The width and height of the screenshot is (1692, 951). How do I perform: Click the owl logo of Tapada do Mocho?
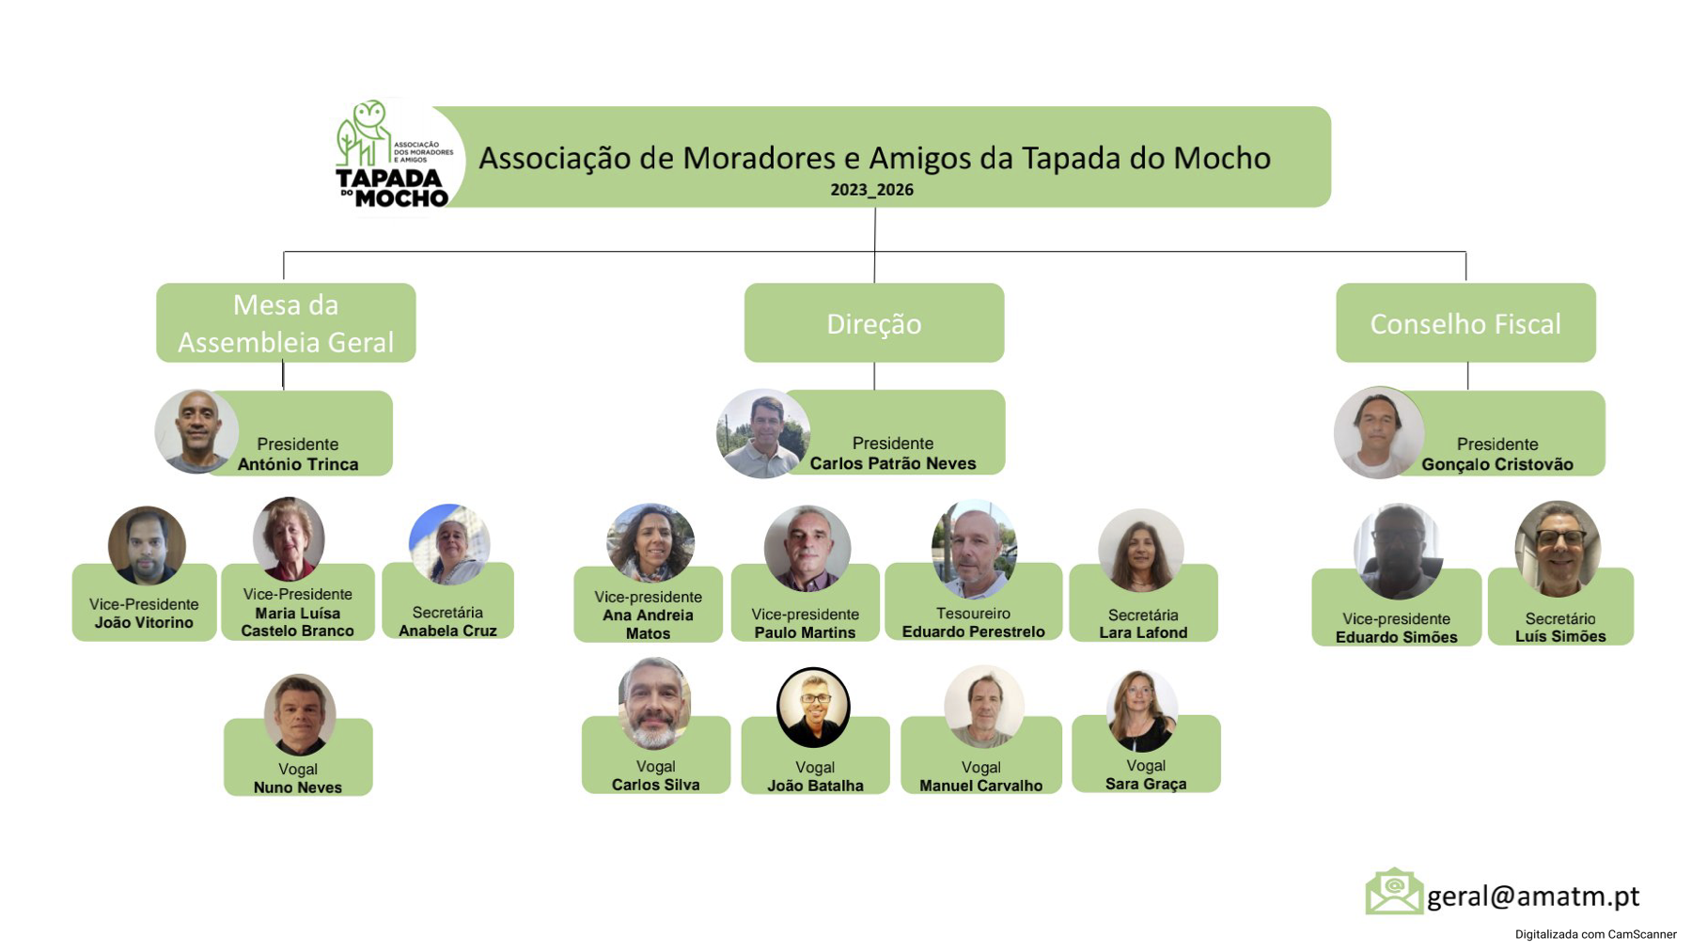click(x=395, y=156)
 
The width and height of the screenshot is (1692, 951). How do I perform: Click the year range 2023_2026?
click(x=871, y=190)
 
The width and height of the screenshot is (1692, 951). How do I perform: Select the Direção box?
click(x=874, y=322)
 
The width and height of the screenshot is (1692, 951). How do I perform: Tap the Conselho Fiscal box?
click(x=1465, y=322)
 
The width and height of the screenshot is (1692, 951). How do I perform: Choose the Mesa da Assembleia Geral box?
click(x=286, y=322)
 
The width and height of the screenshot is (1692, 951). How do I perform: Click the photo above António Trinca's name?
click(x=196, y=431)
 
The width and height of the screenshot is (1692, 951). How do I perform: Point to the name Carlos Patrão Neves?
click(x=893, y=463)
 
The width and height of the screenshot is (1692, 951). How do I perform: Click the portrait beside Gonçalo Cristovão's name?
click(x=1378, y=432)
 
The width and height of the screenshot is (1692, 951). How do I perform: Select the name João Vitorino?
click(x=144, y=622)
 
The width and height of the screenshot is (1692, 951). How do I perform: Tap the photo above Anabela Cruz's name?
click(x=449, y=544)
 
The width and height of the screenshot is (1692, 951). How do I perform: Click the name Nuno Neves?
click(x=298, y=787)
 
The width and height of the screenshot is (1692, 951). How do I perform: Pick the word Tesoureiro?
click(x=973, y=614)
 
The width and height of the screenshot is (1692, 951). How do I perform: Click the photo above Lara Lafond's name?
click(x=1141, y=551)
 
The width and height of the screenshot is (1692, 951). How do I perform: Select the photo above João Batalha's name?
click(x=814, y=707)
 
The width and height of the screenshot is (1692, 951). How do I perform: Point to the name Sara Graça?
click(x=1146, y=784)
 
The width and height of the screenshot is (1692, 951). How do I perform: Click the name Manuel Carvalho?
click(x=980, y=786)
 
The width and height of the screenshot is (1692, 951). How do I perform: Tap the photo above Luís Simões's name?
click(x=1558, y=549)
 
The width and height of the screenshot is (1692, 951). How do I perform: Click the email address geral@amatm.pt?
click(x=1533, y=896)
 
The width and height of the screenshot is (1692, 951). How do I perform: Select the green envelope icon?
click(x=1394, y=891)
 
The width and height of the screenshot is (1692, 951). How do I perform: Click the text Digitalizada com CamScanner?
click(x=1595, y=934)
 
